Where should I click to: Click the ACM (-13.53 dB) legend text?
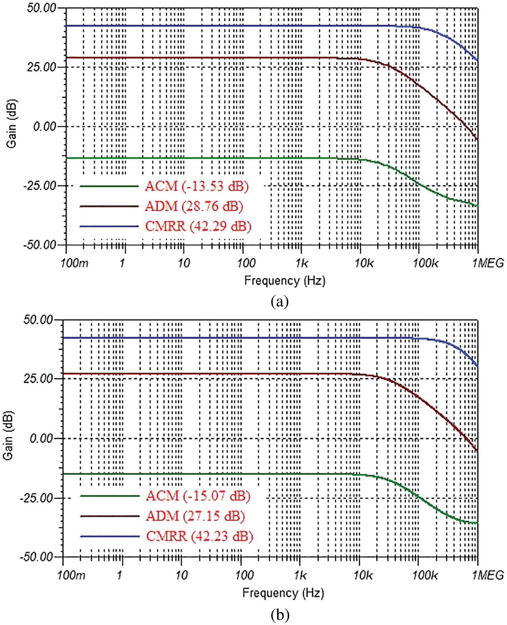click(197, 186)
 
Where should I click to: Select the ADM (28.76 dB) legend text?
click(194, 206)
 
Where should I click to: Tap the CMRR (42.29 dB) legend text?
click(198, 226)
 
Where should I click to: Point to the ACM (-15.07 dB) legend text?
click(198, 496)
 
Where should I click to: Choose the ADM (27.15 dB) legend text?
click(195, 516)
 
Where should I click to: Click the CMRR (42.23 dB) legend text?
click(200, 536)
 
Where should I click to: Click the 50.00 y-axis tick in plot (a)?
click(42, 8)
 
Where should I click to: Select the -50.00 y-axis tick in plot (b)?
click(37, 557)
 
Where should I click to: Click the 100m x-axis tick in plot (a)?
click(74, 263)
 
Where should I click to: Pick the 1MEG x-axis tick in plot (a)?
click(488, 263)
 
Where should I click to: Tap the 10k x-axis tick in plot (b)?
click(363, 575)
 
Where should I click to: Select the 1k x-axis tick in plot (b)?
click(300, 575)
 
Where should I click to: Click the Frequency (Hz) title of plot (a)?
click(285, 281)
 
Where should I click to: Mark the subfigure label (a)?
click(280, 301)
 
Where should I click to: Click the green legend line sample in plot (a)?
click(109, 186)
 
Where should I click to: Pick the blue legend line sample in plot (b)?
click(110, 536)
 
